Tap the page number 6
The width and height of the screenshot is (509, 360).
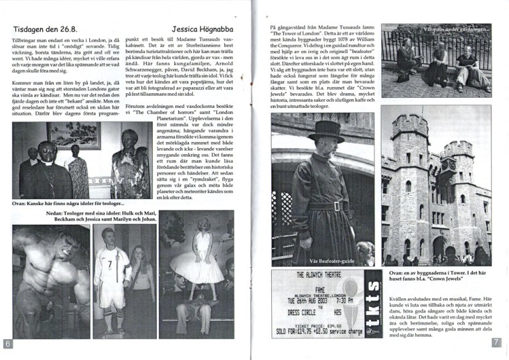pyautogui.click(x=8, y=343)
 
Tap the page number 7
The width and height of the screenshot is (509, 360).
pyautogui.click(x=496, y=343)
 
